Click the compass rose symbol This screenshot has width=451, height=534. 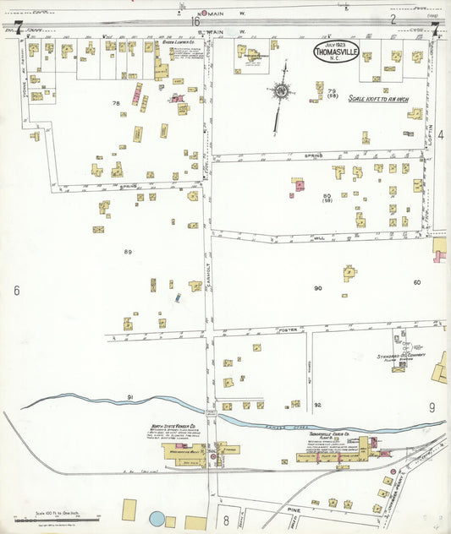(x=278, y=90)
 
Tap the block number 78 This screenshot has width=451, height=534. (x=116, y=103)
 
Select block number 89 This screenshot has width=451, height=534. (x=129, y=252)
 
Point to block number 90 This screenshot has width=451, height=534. (x=318, y=288)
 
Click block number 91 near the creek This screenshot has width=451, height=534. (x=130, y=396)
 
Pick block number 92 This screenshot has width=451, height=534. (x=317, y=405)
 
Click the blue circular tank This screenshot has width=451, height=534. (x=157, y=517)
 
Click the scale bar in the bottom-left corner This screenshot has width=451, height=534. (x=57, y=518)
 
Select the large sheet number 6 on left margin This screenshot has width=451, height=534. (x=16, y=291)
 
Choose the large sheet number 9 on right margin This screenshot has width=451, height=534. (x=432, y=408)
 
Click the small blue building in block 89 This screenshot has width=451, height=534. (x=178, y=297)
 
